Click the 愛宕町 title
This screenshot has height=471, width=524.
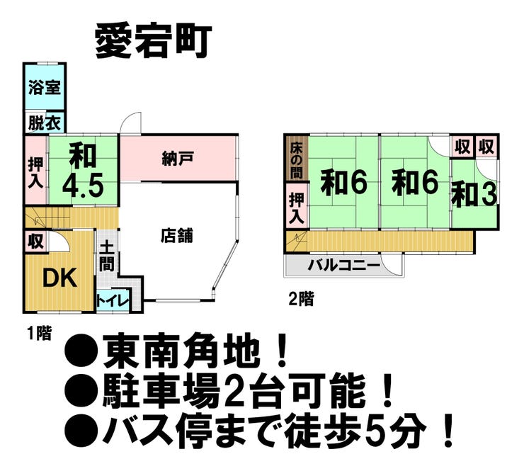[154, 42]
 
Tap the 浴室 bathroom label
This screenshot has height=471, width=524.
[45, 87]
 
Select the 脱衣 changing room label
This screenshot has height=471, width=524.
[45, 123]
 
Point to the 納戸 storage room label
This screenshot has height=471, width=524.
[178, 158]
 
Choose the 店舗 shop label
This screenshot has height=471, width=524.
[178, 235]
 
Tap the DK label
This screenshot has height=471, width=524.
[60, 279]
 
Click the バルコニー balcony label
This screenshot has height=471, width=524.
[344, 266]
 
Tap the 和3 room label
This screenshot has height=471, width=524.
[474, 195]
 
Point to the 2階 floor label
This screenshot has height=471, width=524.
[301, 299]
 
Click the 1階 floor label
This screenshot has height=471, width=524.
[40, 333]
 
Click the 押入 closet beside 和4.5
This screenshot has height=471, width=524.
[35, 172]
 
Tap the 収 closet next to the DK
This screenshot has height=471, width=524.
[35, 241]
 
